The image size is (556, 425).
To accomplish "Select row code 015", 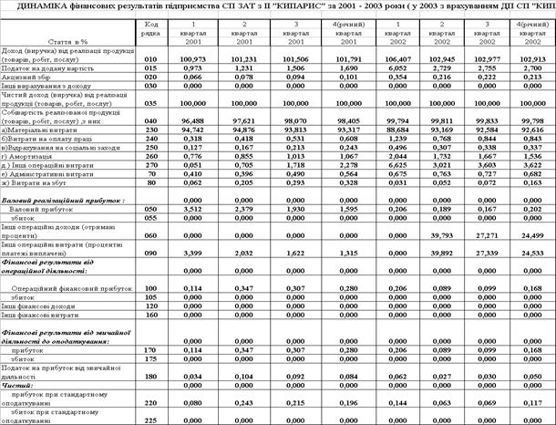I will [152, 68].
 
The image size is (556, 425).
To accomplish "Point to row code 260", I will [152, 157].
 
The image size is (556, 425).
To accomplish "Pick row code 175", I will [152, 360].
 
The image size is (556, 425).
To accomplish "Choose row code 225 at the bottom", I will [152, 420].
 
